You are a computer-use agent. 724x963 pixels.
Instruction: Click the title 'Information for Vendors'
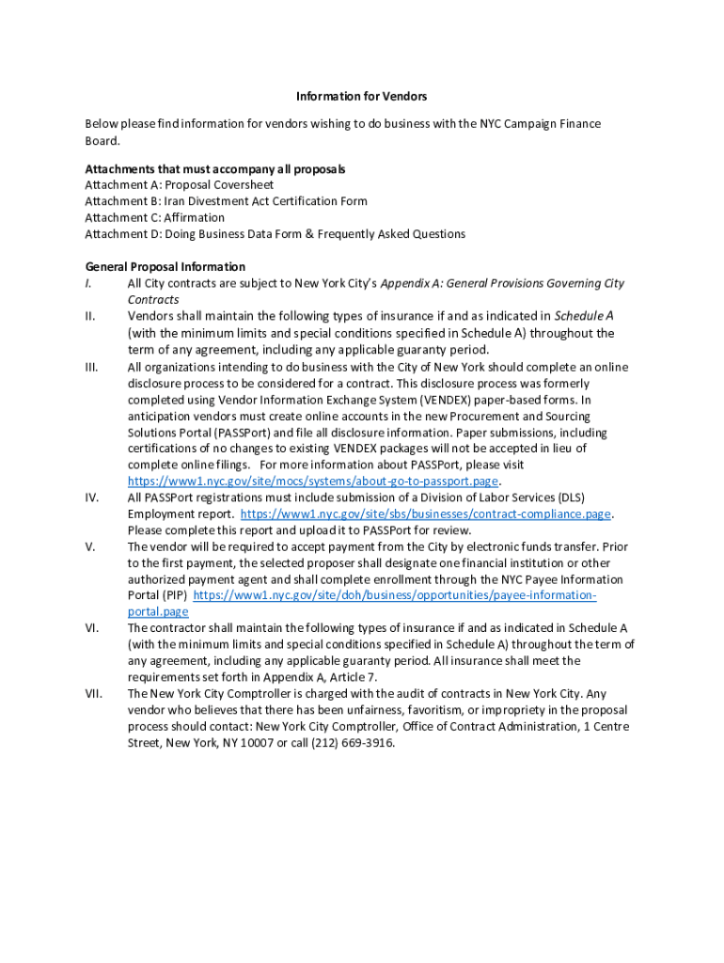coord(362,97)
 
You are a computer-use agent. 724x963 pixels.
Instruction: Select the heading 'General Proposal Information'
coord(165,267)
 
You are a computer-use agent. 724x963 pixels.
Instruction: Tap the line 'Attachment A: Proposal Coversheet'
coord(179,185)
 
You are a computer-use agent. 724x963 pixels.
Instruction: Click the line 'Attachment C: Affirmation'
coord(154,217)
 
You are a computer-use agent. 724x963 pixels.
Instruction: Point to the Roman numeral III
coord(91,368)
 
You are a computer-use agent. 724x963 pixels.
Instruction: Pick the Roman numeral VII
coord(93,694)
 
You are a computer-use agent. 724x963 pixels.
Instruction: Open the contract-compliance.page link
coord(426,514)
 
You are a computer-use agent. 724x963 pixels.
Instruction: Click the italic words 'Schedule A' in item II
coord(584,316)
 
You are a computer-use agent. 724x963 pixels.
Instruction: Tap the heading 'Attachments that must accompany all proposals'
coord(215,169)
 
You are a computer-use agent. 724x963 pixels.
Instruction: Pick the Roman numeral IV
coord(90,497)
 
